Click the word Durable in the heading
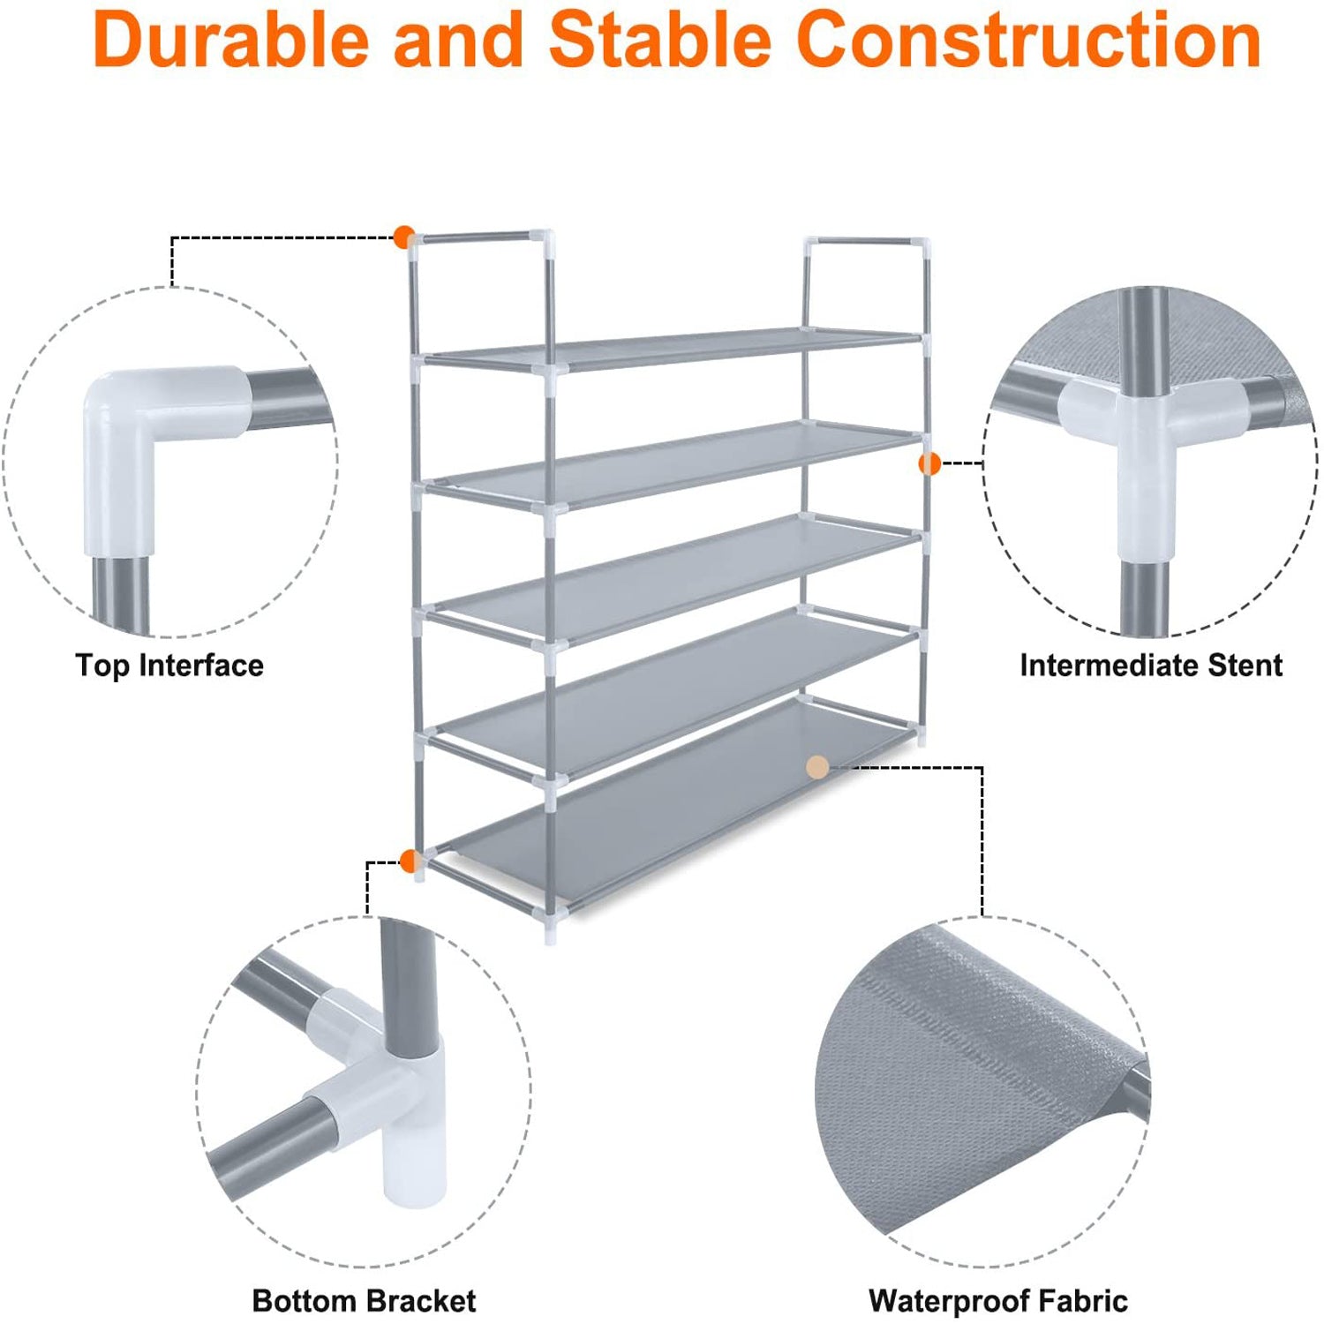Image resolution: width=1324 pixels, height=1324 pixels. tap(230, 40)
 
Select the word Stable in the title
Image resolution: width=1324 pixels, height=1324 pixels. tap(660, 40)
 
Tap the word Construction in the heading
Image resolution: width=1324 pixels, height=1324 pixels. tap(1028, 40)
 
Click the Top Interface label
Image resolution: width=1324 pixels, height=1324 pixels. tap(169, 665)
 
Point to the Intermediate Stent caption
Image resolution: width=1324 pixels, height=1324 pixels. tap(1151, 665)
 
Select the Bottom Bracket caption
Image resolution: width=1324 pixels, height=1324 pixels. tap(364, 1300)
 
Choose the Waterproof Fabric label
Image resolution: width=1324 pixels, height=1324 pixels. tap(998, 1300)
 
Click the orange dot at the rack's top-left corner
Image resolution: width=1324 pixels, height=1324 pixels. tap(404, 237)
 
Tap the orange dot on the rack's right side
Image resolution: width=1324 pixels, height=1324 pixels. tap(929, 463)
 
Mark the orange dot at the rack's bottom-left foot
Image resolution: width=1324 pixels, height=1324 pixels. tap(409, 861)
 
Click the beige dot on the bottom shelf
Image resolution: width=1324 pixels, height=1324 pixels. tap(817, 767)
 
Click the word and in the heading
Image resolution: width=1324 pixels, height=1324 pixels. tap(459, 40)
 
